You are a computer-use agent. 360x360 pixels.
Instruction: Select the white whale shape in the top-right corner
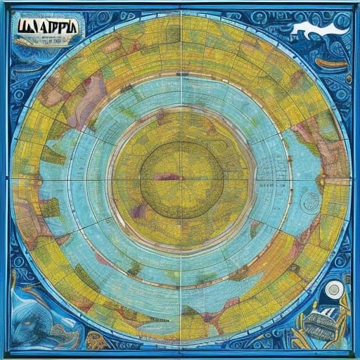(316, 29)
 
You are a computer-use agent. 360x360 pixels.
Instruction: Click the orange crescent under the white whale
(330, 63)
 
